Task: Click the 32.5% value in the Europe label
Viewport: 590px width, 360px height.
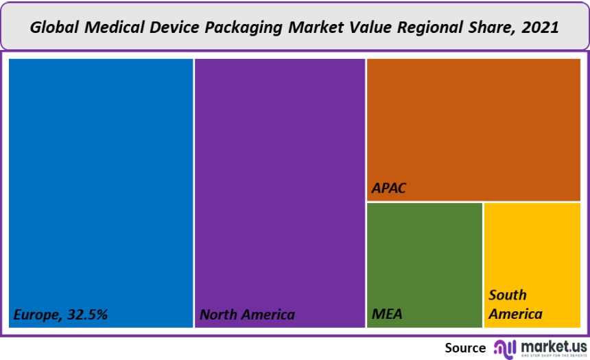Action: point(87,315)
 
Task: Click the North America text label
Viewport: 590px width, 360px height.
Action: point(247,315)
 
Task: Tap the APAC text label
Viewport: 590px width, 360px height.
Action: point(389,188)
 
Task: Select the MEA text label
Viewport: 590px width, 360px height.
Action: point(387,315)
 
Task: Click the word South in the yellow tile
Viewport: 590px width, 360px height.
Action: point(508,296)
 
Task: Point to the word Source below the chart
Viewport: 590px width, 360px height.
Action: point(465,347)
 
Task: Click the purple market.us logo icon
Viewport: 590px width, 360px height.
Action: point(504,347)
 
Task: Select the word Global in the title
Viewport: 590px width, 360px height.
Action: point(54,28)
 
